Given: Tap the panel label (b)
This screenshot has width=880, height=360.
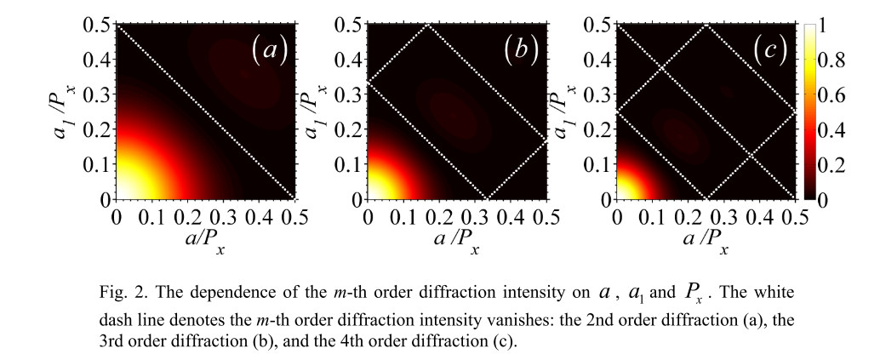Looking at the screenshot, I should click(520, 51).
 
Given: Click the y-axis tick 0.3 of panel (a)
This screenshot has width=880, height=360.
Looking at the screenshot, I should click(100, 95).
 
